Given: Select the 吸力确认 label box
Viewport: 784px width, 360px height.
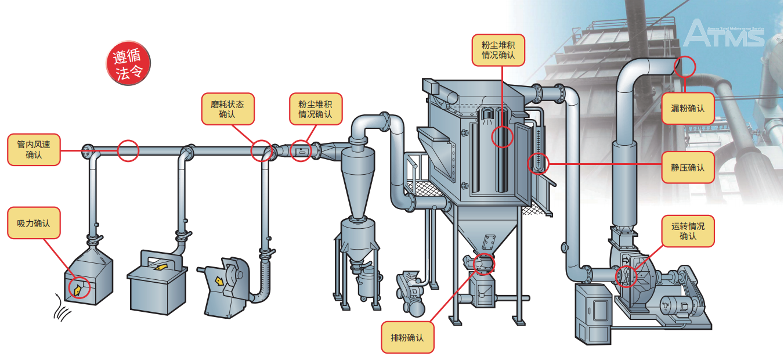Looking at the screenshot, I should point(34,222).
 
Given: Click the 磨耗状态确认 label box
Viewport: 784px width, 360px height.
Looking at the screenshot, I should point(227,109).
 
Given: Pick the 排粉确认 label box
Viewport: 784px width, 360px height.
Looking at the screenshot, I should point(407,337).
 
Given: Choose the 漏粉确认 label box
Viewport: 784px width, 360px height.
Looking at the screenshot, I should point(688,108).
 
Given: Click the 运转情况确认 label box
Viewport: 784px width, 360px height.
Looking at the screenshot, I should point(688,231).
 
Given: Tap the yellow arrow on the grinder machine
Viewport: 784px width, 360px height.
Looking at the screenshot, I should point(219,281).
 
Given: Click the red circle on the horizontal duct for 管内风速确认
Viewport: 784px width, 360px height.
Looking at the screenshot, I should point(128,151).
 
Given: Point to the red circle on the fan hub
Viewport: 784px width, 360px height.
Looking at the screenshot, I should point(625,276).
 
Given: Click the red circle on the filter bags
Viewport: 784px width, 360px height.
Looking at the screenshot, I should point(503,136).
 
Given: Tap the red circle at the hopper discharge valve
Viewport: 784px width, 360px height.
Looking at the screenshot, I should point(483,264).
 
